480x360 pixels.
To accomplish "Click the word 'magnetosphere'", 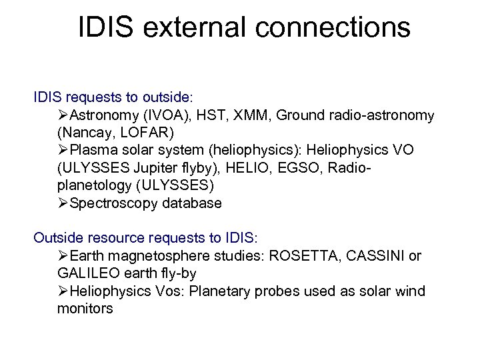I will coord(155,256).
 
